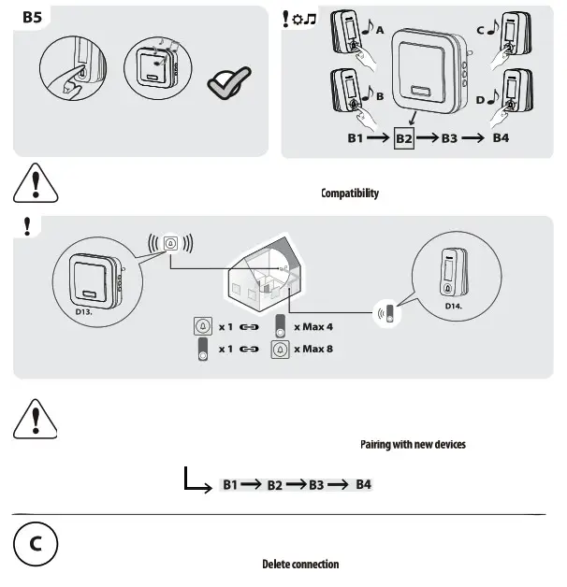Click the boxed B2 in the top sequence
coord(404,138)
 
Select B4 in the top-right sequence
coord(501,138)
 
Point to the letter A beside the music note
coord(379,30)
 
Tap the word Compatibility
coord(350,193)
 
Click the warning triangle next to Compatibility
coord(35,182)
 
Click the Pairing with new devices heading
coord(413,444)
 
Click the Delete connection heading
coord(300,565)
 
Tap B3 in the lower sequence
coord(317,485)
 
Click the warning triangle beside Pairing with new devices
coord(35,418)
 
